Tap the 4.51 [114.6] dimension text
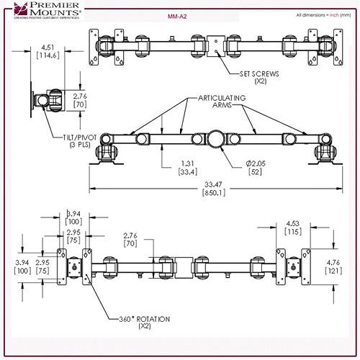(45, 54)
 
